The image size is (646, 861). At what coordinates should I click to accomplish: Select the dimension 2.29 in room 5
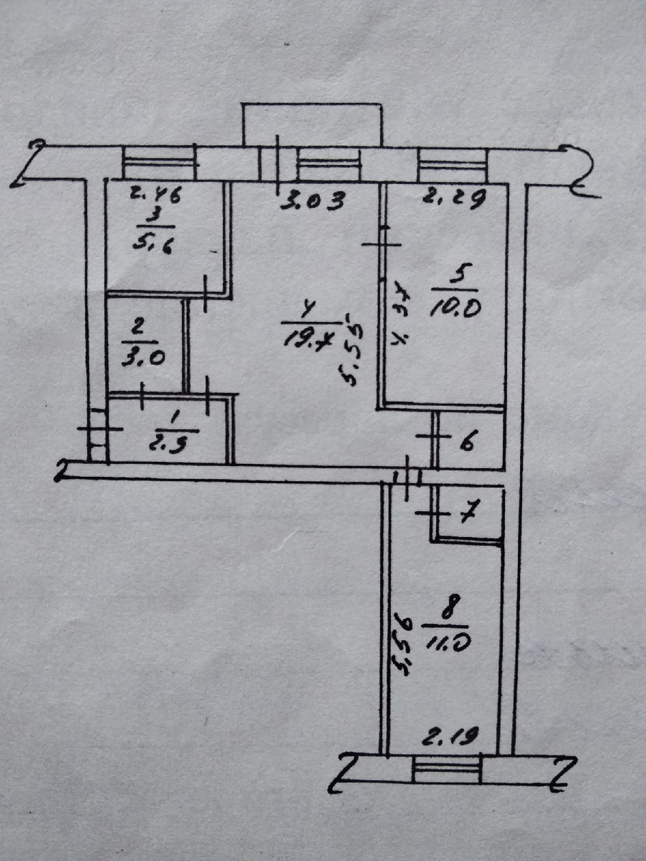coord(454,198)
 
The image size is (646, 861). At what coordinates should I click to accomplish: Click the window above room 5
coord(452,164)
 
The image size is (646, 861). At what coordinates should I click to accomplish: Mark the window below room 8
coord(446,769)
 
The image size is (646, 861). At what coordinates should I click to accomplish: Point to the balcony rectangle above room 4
coord(312,124)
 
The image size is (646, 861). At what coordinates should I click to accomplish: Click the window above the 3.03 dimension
coord(328,164)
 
